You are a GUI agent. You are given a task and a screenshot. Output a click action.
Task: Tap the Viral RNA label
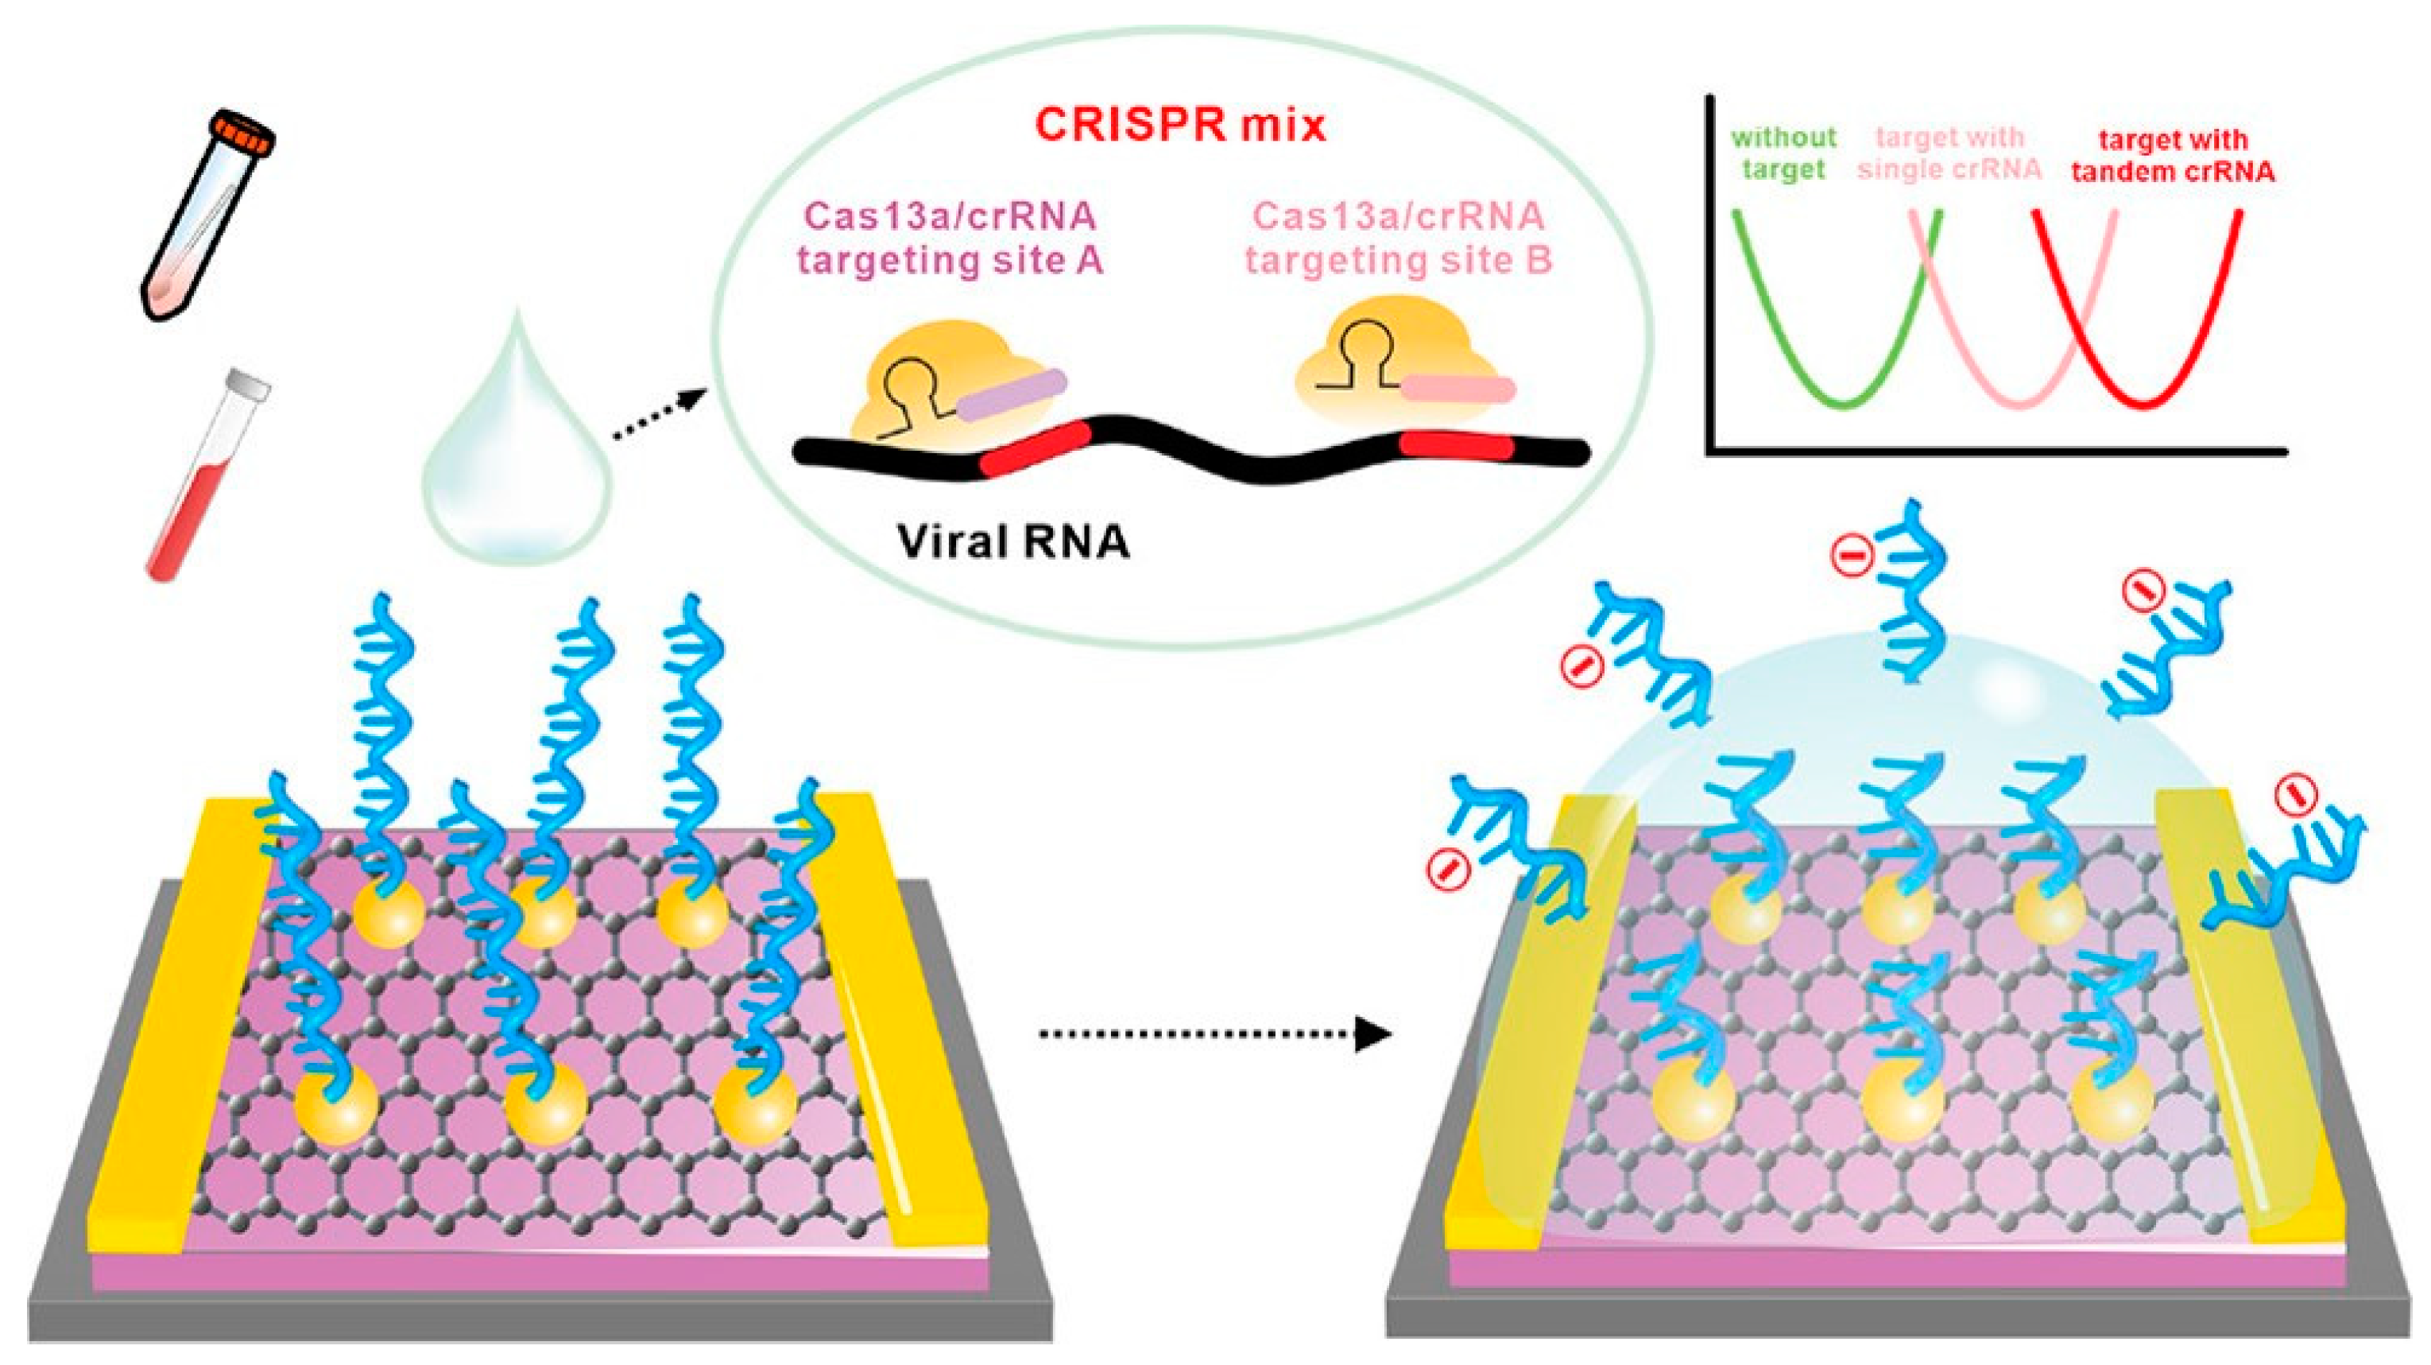tap(1012, 542)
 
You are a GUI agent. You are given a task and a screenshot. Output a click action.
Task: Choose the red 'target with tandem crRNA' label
tap(2171, 156)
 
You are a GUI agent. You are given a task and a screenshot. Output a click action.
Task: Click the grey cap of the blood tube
tap(250, 383)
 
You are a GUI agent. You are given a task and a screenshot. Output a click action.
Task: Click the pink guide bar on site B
tap(1458, 388)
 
